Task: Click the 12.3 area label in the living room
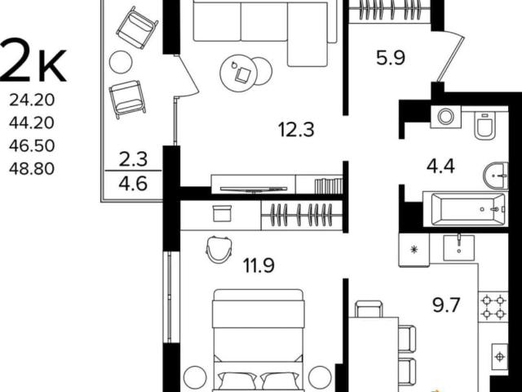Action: pos(296,130)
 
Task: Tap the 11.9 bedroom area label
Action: pos(259,265)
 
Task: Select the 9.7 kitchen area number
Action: pos(446,305)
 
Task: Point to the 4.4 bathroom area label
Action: pos(440,167)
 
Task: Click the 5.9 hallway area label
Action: pos(391,58)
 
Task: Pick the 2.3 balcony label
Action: pos(133,159)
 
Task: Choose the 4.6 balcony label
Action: pos(133,184)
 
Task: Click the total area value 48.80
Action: pos(32,169)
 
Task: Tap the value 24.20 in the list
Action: pos(32,100)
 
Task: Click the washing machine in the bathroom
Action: pos(446,117)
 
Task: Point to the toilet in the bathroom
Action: pos(485,125)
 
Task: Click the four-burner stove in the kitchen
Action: pos(493,307)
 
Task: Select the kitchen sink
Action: pos(458,247)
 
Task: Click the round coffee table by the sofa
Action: pos(239,73)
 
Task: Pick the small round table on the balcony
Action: pos(121,62)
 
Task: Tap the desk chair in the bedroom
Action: pos(219,249)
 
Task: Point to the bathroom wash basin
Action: pos(496,176)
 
